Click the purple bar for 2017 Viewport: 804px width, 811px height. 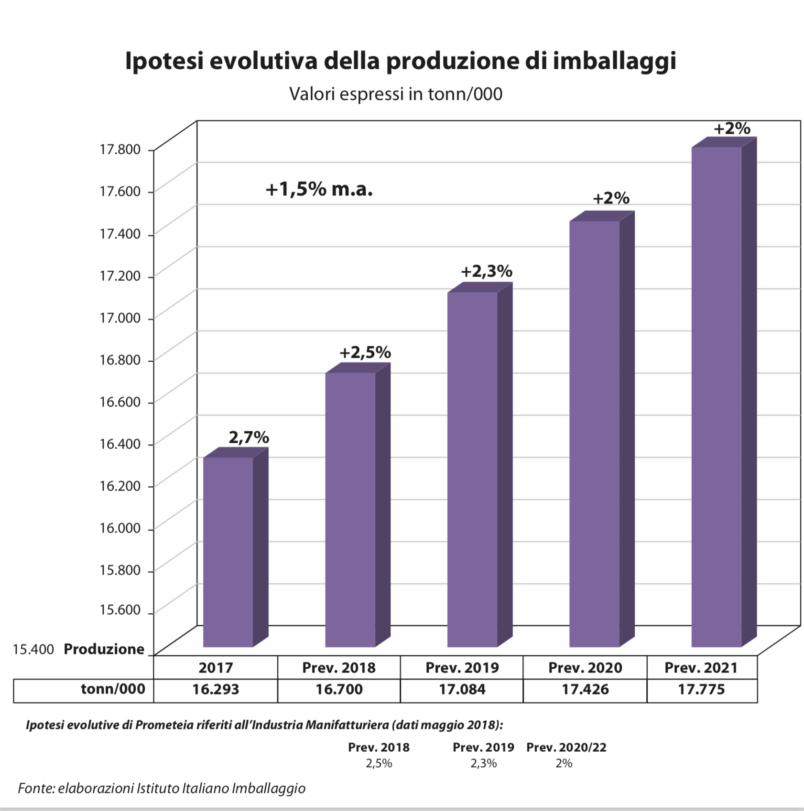click(x=228, y=552)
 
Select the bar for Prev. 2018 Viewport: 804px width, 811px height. click(x=350, y=509)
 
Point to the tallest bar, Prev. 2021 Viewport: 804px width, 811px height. click(x=716, y=396)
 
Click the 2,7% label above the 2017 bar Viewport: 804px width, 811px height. click(x=249, y=437)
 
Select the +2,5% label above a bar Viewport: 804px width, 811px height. click(x=365, y=352)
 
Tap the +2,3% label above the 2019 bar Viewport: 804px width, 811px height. click(x=487, y=271)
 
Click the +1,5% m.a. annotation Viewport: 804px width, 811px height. click(x=319, y=190)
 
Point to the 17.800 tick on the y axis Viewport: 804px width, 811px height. click(x=120, y=149)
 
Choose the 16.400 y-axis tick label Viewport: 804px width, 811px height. click(x=120, y=444)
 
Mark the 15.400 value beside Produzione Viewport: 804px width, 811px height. click(x=33, y=649)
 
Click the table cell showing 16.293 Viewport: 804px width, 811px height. click(x=216, y=690)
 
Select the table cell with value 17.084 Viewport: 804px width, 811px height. click(x=462, y=690)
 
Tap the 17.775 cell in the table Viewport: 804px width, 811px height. click(x=701, y=690)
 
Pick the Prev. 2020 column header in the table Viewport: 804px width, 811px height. click(x=585, y=668)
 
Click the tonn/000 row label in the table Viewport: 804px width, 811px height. click(x=113, y=689)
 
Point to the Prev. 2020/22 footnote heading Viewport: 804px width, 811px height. click(x=566, y=747)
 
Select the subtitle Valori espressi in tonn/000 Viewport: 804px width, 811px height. click(x=396, y=94)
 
